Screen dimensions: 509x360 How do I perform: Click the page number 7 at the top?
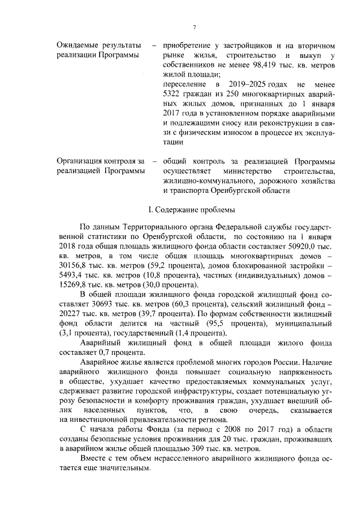pos(193,27)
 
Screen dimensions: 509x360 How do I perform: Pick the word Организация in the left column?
pos(82,161)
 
